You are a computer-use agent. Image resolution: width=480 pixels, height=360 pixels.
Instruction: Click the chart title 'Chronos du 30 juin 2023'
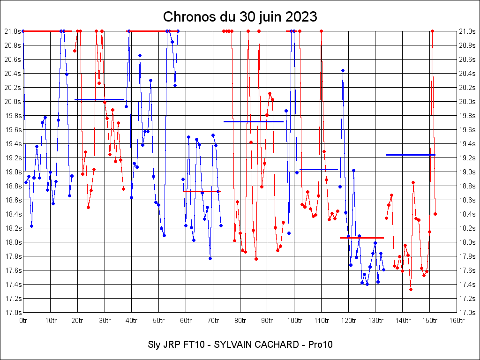pos(240,17)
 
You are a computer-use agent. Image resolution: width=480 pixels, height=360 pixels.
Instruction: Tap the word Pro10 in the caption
pos(321,345)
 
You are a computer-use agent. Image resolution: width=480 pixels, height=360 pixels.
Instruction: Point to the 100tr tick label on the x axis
pos(294,321)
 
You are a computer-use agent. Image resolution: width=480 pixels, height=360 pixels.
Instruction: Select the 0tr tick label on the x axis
pos(23,321)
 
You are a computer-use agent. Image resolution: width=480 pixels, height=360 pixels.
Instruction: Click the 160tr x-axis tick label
pos(457,321)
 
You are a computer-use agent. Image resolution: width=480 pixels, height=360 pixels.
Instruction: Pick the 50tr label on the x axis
pos(159,321)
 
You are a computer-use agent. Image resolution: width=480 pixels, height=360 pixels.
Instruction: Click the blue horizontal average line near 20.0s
pos(99,99)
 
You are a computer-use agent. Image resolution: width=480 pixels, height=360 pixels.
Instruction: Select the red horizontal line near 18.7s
pos(202,191)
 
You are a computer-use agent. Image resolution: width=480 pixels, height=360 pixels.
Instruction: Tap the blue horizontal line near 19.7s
pos(254,121)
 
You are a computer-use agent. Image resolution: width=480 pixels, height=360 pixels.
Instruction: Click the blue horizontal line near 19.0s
pos(319,169)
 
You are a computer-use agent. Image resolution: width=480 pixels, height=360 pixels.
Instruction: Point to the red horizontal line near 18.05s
pos(362,238)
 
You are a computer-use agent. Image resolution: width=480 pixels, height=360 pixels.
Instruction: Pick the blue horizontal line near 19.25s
pos(411,155)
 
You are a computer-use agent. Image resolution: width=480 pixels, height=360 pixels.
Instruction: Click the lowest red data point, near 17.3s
pos(411,289)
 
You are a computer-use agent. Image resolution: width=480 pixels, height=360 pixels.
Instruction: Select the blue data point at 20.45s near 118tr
pos(343,70)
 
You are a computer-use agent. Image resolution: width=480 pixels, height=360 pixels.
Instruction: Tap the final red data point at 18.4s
pos(435,214)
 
